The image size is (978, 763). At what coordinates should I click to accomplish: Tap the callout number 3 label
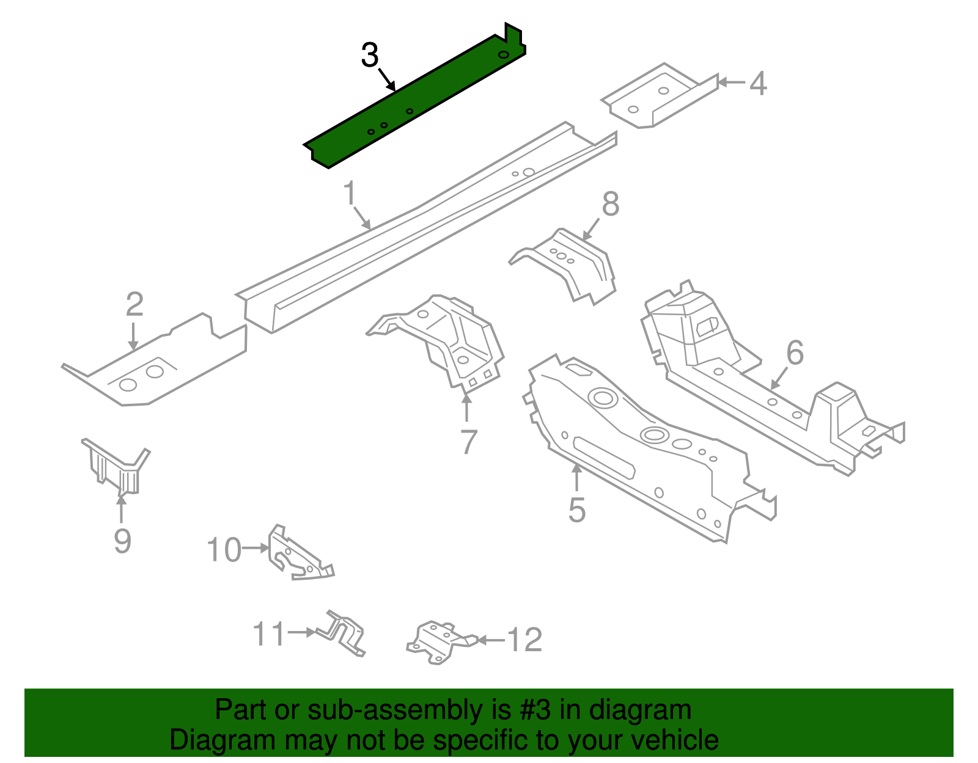pyautogui.click(x=370, y=56)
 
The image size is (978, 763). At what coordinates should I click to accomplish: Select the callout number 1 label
pyautogui.click(x=350, y=194)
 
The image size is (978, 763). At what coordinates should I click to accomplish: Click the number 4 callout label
pyautogui.click(x=758, y=84)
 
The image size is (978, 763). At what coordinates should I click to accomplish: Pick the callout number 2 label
pyautogui.click(x=134, y=304)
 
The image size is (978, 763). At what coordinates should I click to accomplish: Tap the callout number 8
pyautogui.click(x=611, y=204)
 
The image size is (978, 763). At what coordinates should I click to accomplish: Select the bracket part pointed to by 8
pyautogui.click(x=568, y=263)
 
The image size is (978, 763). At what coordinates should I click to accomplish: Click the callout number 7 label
pyautogui.click(x=468, y=442)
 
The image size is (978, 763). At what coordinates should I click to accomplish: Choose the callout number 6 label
pyautogui.click(x=795, y=352)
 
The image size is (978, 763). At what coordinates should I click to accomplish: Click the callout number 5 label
pyautogui.click(x=576, y=510)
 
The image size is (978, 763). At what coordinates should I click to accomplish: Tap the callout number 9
pyautogui.click(x=122, y=541)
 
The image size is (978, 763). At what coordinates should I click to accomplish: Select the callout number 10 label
pyautogui.click(x=224, y=550)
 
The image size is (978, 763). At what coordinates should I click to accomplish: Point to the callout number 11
pyautogui.click(x=269, y=633)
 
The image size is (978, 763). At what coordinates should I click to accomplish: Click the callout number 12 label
pyautogui.click(x=524, y=640)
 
